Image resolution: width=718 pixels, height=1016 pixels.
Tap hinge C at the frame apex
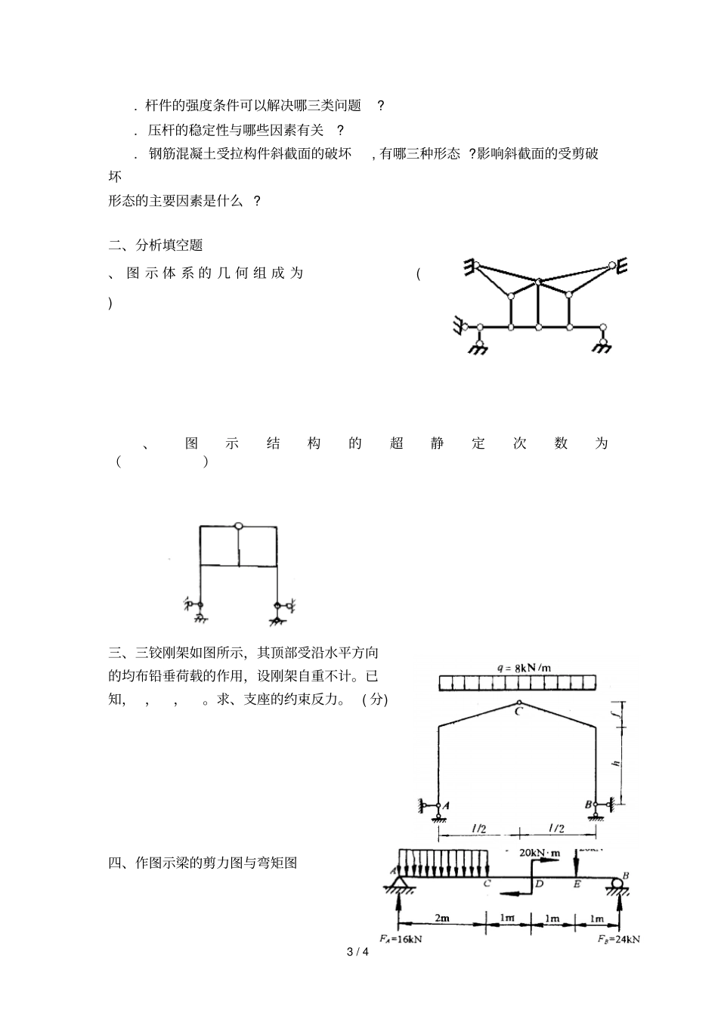tap(518, 703)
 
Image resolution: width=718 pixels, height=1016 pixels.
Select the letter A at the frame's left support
tap(446, 805)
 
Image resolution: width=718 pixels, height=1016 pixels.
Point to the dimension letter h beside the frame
tap(616, 764)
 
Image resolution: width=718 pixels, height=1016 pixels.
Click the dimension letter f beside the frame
tap(616, 711)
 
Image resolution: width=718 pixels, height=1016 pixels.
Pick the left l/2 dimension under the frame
tap(478, 828)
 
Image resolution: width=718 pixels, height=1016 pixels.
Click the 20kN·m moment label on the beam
tap(540, 852)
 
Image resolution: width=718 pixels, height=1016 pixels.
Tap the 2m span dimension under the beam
tap(441, 918)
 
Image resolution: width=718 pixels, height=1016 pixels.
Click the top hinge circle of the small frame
tap(239, 526)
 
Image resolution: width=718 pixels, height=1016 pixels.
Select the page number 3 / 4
tap(357, 952)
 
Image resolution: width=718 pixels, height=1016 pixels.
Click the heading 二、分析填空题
tap(156, 245)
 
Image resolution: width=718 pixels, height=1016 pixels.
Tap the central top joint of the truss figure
tap(539, 282)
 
